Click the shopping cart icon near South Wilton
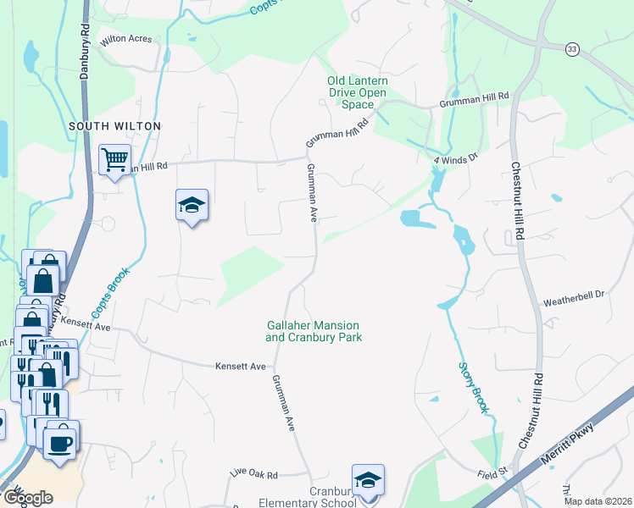(x=114, y=158)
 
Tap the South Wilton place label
(x=114, y=126)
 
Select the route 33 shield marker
(x=573, y=49)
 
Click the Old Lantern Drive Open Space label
(x=358, y=92)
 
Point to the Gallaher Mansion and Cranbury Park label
(x=314, y=331)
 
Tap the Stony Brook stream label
(x=475, y=387)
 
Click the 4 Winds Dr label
(x=456, y=157)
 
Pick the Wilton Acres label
(x=125, y=39)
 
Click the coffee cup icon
(x=59, y=443)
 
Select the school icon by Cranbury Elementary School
(x=368, y=481)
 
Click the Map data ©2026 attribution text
(x=597, y=501)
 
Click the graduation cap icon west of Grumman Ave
(x=192, y=205)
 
